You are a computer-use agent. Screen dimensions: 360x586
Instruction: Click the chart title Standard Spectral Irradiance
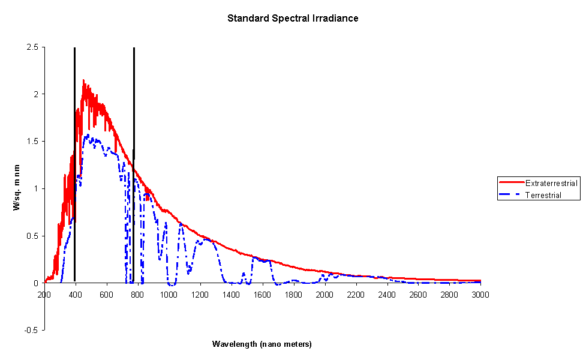coord(293,18)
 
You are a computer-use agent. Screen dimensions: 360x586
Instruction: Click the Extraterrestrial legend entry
coord(551,182)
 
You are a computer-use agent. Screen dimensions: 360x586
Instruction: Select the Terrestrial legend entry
coord(543,195)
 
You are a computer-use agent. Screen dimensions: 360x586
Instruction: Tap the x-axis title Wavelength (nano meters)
coord(262,344)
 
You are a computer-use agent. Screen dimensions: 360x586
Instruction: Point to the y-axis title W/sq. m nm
coord(17,189)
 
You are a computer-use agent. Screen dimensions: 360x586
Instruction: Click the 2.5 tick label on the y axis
coord(32,47)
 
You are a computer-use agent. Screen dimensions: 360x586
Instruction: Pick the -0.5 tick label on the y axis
coord(31,330)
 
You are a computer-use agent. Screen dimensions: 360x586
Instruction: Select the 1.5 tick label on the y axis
coord(32,142)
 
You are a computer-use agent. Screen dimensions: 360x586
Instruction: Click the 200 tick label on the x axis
coord(44,295)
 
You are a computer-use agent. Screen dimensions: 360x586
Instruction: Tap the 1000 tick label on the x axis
coord(169,295)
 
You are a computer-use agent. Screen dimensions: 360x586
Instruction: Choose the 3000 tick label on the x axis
coord(480,295)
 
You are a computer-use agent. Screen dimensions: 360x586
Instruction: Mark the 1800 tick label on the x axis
coord(293,295)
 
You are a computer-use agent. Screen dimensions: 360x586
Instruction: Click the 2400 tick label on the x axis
coord(386,295)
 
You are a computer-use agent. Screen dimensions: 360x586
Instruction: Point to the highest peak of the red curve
coord(83,80)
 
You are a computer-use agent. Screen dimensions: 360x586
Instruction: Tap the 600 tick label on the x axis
coord(107,295)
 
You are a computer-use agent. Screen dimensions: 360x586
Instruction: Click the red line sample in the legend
coord(511,182)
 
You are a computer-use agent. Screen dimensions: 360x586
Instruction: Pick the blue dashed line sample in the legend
coord(511,195)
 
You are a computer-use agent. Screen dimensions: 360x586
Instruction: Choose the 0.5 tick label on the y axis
coord(32,236)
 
